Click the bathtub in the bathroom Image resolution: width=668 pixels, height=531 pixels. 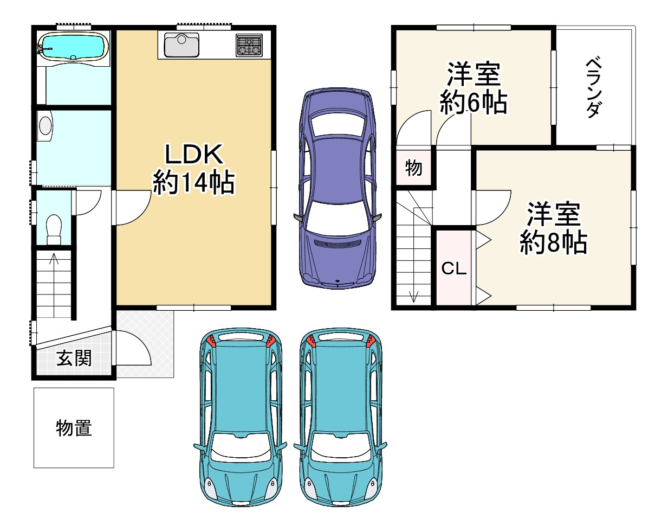[73, 47]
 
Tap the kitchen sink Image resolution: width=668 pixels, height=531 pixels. [181, 45]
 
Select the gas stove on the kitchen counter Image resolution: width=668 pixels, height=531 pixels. [249, 45]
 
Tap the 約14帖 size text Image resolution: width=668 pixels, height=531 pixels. [194, 182]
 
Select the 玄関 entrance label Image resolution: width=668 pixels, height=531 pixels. [74, 358]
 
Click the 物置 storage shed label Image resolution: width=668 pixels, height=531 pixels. [74, 428]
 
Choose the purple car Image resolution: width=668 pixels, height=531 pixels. [338, 188]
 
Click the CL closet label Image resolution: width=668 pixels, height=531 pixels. [454, 268]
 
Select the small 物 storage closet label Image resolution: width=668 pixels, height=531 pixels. [413, 168]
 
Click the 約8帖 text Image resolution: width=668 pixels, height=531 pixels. [554, 242]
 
